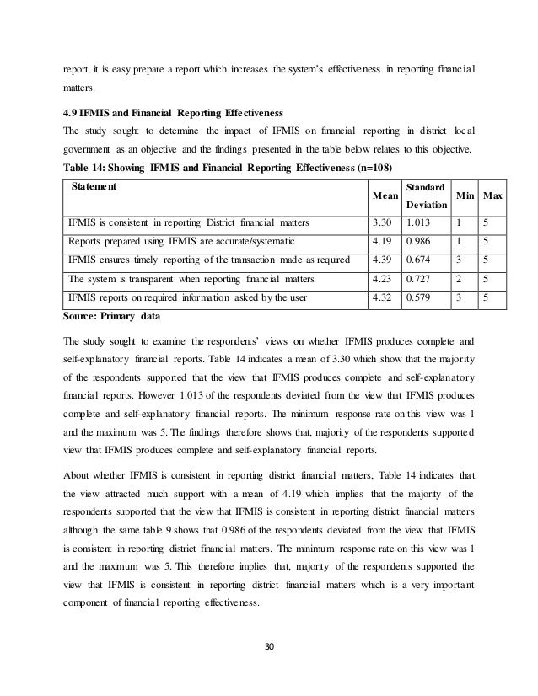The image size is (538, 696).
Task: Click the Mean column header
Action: tap(386, 196)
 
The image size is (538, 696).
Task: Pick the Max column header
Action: tap(493, 196)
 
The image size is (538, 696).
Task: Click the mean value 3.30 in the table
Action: tap(382, 223)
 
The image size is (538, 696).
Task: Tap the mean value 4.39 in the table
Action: tap(382, 260)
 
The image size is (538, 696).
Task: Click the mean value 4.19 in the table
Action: tap(382, 242)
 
